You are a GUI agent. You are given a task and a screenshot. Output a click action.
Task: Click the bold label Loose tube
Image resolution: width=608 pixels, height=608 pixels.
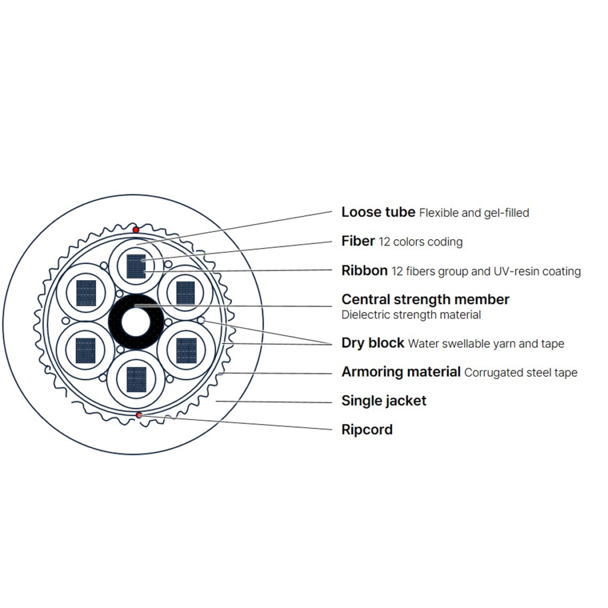click(x=378, y=212)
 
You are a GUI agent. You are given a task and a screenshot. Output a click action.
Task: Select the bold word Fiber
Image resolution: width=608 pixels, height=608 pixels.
click(x=358, y=241)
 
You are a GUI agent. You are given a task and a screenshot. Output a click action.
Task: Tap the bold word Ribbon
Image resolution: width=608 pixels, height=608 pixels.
click(x=365, y=271)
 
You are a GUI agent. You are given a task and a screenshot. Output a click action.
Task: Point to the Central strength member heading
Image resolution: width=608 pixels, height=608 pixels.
click(x=425, y=299)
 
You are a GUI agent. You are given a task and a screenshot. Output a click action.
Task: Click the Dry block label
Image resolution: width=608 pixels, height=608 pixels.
click(x=373, y=343)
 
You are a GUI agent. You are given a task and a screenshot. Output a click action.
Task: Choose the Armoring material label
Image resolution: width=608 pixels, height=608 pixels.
click(x=401, y=372)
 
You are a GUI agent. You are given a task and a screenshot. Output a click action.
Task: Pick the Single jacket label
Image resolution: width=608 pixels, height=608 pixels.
click(x=384, y=401)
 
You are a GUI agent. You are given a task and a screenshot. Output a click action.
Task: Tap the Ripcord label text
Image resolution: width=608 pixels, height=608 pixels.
click(x=367, y=430)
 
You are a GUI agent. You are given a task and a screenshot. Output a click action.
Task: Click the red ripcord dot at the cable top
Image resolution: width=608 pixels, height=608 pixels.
click(x=136, y=230)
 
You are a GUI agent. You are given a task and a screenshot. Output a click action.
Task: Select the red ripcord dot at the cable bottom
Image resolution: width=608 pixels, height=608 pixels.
click(x=139, y=415)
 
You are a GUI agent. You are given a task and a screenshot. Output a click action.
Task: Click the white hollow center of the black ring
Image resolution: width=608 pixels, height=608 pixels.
click(x=136, y=322)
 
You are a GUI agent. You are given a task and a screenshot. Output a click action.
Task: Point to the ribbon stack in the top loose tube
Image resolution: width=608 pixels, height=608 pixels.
click(x=136, y=267)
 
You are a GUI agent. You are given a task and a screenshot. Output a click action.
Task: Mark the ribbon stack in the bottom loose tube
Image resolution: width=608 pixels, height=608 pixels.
click(x=137, y=379)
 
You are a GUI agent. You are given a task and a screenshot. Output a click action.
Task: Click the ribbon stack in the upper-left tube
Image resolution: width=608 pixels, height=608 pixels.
click(x=86, y=293)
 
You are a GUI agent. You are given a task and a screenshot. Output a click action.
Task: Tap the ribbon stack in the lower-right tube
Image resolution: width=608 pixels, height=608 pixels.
click(x=186, y=351)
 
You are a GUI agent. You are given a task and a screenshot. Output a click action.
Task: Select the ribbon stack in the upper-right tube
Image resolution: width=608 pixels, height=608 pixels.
click(x=186, y=293)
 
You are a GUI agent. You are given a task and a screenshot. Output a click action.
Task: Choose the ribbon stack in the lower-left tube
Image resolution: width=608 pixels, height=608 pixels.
click(x=85, y=351)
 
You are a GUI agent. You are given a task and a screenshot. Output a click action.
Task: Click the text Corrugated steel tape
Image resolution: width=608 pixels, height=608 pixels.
click(x=521, y=373)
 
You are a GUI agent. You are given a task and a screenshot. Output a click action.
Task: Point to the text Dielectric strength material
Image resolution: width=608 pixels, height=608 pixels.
click(x=411, y=315)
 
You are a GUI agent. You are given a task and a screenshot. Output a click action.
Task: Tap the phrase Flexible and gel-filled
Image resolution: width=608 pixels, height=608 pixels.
click(x=474, y=213)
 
